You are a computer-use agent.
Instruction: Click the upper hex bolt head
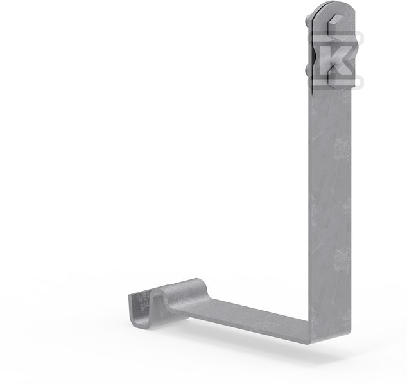coord(334,24)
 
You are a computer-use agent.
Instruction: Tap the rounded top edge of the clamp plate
coord(333,6)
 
